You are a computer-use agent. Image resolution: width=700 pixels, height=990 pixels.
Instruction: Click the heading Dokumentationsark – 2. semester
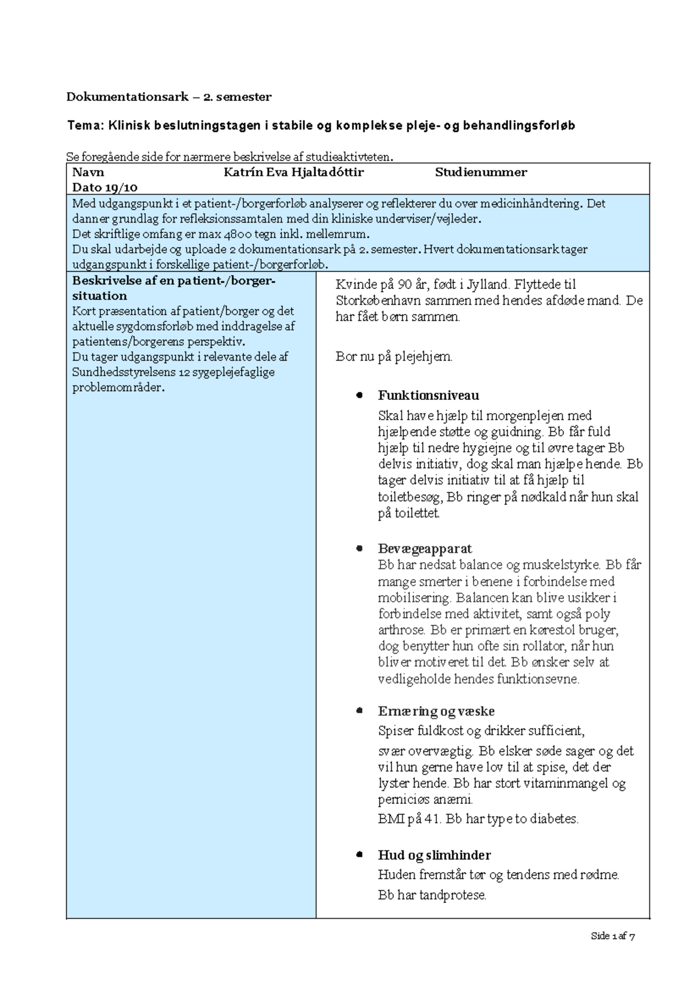click(169, 97)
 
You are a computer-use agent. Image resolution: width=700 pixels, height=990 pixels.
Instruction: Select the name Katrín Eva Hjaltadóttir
click(293, 172)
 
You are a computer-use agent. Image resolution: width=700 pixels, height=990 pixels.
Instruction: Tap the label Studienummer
click(481, 172)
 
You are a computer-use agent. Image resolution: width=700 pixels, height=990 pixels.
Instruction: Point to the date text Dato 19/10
click(104, 187)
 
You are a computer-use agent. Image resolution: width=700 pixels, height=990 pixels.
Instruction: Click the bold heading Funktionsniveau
click(428, 395)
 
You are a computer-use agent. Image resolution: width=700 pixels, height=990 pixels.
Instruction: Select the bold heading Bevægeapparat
click(425, 549)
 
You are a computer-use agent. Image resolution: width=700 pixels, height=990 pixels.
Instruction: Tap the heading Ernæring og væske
click(436, 711)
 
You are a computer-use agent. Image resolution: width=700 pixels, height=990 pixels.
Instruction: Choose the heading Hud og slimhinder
click(434, 855)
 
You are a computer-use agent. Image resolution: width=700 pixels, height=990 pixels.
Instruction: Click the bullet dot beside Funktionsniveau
click(359, 395)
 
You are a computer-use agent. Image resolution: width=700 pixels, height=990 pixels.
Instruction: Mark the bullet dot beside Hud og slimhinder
click(359, 855)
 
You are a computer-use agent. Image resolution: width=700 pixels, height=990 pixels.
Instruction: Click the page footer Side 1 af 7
click(612, 936)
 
